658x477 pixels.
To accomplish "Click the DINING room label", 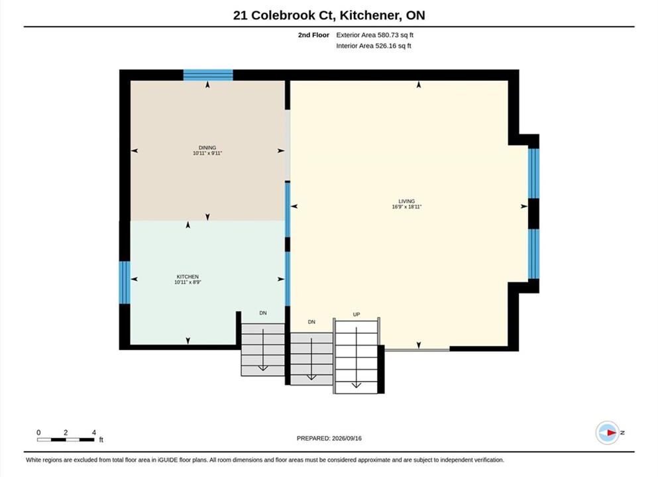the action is [207, 148].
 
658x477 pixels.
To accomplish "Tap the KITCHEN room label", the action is [188, 277].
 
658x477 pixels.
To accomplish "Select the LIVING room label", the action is [407, 201].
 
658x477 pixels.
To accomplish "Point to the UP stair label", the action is [356, 314].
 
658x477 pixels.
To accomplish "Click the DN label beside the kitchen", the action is [263, 313].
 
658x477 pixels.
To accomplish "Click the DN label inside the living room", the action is [311, 322].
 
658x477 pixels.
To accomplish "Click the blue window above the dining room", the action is [208, 75].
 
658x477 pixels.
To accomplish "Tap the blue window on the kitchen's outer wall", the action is [125, 282].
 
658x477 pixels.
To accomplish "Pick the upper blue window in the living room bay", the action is [533, 174].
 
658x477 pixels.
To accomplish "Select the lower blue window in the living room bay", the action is [533, 254].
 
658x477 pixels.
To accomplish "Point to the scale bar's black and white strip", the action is [66, 440].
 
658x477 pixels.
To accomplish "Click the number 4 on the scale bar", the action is [94, 432].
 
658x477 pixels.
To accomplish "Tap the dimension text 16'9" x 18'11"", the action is [407, 207].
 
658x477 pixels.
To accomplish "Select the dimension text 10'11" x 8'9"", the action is [188, 282].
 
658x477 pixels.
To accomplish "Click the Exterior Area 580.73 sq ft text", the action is [375, 35].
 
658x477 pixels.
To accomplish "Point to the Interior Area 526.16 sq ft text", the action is [374, 46].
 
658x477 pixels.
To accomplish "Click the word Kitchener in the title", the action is [370, 15].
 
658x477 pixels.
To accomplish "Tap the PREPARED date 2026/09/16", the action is [347, 439].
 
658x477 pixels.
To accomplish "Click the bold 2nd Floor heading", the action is [313, 35].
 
